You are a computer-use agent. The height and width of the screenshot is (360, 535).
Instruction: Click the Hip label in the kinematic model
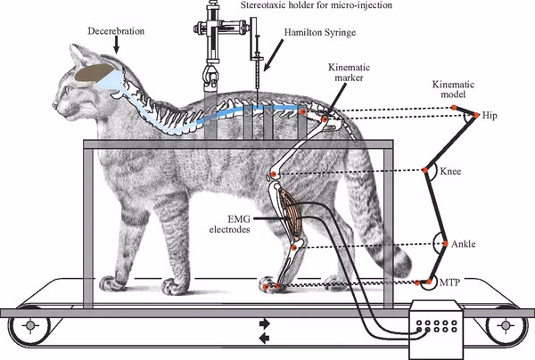pos(490,116)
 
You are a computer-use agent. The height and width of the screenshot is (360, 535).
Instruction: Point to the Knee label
pos(451,170)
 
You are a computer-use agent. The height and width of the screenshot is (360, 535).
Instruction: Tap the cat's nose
pos(53,106)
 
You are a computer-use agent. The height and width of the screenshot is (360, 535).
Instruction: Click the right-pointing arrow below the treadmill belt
pos(264,323)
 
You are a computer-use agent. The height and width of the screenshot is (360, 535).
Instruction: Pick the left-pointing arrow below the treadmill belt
pos(264,338)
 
